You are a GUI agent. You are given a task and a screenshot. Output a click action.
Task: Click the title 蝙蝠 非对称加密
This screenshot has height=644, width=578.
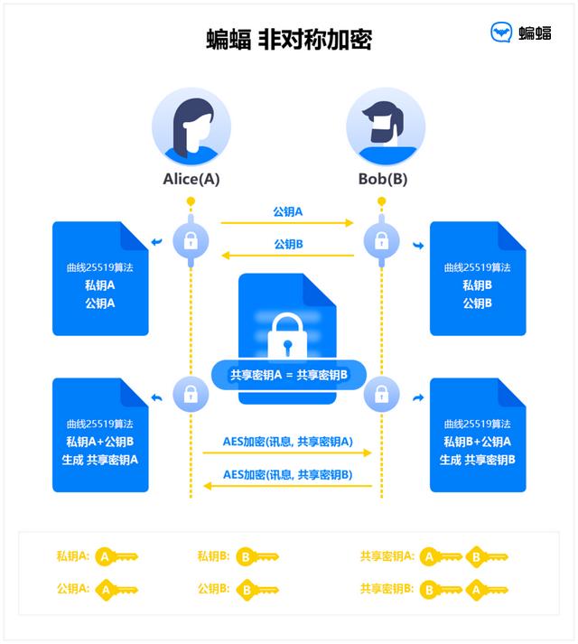(x=288, y=40)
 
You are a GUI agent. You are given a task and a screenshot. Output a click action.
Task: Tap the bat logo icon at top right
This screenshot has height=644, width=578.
(x=502, y=33)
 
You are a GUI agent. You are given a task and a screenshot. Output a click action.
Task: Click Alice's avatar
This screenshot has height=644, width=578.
(x=191, y=126)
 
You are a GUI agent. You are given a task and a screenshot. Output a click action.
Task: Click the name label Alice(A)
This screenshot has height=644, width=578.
(x=191, y=179)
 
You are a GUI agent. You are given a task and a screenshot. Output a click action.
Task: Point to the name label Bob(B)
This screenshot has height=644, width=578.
(x=383, y=179)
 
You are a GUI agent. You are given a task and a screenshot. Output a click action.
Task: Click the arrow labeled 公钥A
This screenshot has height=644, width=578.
(x=287, y=222)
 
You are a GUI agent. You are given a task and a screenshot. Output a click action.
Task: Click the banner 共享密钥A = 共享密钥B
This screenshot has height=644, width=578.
(x=288, y=374)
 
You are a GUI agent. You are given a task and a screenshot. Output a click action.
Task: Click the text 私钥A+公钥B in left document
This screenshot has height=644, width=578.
(x=99, y=442)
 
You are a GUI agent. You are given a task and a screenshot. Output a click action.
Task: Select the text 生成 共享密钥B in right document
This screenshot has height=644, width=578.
(x=477, y=460)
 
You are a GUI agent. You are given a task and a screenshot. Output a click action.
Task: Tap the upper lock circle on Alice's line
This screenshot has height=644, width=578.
(x=191, y=240)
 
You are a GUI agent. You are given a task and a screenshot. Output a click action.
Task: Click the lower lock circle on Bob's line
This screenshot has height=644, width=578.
(x=382, y=394)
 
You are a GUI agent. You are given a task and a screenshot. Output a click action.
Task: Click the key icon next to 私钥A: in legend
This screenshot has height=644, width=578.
(x=117, y=556)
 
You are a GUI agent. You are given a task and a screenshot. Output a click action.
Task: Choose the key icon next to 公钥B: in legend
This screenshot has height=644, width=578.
(x=256, y=590)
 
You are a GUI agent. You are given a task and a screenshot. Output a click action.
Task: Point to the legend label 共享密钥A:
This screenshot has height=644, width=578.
(x=387, y=556)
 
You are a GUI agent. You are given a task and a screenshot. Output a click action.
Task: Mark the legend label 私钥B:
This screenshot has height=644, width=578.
(x=213, y=556)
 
